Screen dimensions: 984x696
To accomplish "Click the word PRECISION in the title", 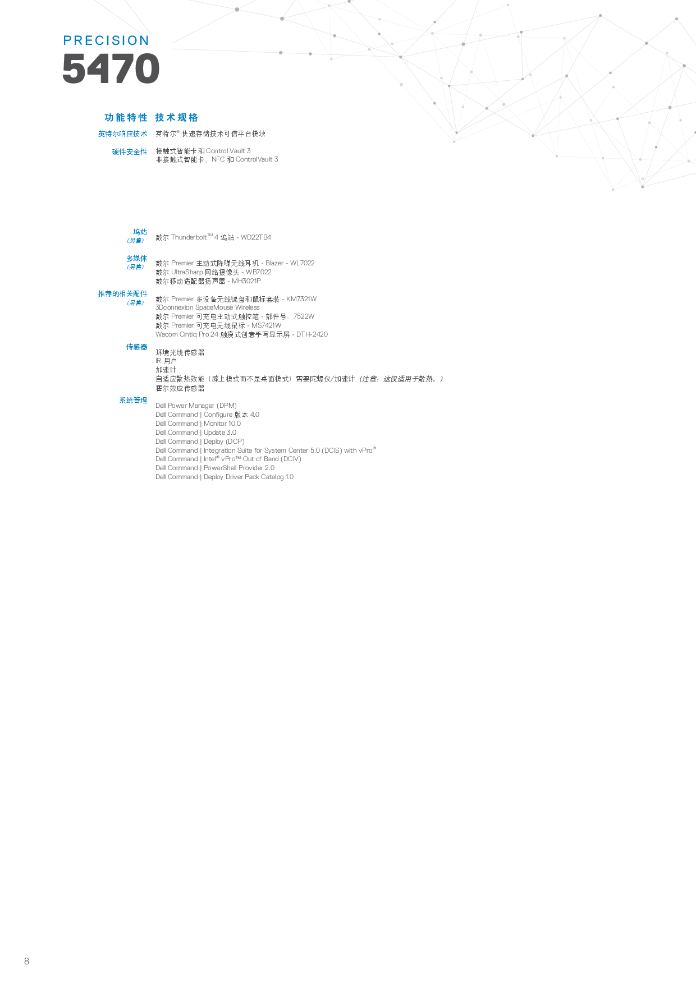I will coord(106,41).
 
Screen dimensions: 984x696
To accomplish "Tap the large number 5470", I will coord(111,69).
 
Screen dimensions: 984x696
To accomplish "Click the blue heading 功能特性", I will coord(126,117).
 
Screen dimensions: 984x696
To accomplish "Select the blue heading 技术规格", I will coord(176,117).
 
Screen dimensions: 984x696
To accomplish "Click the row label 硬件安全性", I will coord(130,152).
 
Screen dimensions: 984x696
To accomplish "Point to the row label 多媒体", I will coord(137,259).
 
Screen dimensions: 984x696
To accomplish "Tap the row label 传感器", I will coord(137,347).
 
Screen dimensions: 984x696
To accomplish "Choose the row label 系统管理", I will coord(134,401).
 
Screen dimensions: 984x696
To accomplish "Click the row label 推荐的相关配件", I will coord(123,294).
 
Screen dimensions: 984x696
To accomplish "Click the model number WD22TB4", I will coord(255,238).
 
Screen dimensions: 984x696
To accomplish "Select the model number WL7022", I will coord(302,263).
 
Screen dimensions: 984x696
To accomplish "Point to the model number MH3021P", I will coord(246,281).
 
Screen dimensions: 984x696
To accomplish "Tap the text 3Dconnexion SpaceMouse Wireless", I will coord(207,307).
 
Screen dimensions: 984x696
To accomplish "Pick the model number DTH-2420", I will coord(312,334).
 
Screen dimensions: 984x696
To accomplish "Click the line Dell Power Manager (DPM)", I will coord(196,406).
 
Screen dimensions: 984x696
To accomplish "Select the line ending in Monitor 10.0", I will coord(198,424).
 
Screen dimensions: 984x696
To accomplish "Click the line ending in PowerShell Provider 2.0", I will coord(215,468).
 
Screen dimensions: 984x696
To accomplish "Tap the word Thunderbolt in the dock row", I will coord(189,238).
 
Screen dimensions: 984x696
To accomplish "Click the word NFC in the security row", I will coord(218,160).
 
